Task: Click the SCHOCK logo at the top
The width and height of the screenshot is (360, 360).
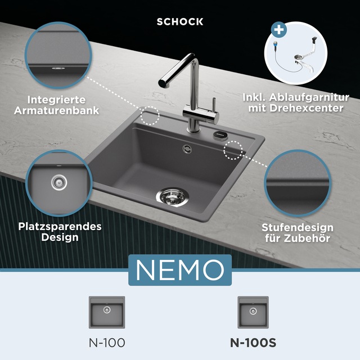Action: pos(180,22)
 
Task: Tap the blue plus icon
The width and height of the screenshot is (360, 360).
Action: pos(279,30)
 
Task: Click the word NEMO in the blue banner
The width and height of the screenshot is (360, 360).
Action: pos(180,270)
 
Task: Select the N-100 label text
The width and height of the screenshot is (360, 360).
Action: pos(107,343)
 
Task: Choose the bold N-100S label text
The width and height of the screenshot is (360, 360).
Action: pos(253,343)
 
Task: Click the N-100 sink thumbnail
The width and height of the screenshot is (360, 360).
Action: pos(107,312)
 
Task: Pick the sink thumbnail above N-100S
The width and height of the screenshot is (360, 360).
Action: pos(253,312)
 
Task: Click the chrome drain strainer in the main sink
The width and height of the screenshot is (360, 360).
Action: pos(172,197)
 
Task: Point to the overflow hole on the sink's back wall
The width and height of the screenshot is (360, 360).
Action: pos(187,148)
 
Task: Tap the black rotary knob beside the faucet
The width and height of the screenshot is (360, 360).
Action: pos(220,134)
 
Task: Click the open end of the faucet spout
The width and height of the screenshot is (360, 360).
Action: pos(163,83)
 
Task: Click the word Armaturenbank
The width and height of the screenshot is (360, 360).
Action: pos(56,111)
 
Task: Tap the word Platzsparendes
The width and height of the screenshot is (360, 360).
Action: pos(60,227)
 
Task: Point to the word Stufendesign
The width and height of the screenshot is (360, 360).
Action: pos(298,228)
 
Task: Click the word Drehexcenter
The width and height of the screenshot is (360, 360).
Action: pos(307,108)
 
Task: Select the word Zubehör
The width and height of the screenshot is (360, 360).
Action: pos(307,238)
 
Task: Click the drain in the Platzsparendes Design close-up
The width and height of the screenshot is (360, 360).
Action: pos(59,182)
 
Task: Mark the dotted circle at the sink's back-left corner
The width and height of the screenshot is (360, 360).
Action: pos(150,116)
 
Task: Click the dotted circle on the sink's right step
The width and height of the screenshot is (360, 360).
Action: pos(233,150)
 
